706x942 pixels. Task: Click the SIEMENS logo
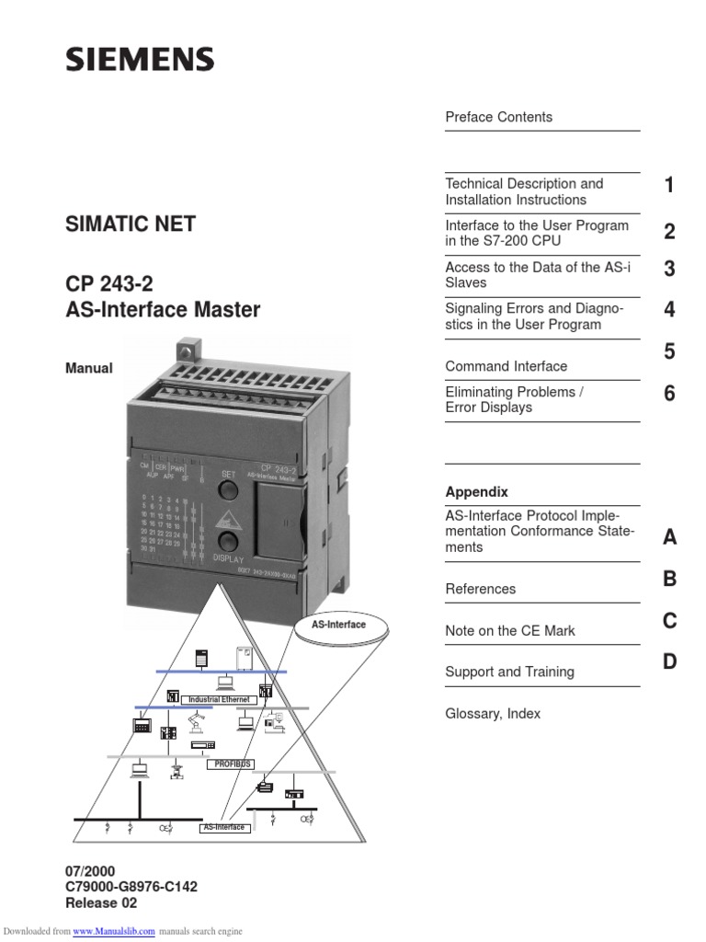pos(140,61)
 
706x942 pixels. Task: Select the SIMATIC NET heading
pos(130,224)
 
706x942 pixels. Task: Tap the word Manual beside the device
pos(89,368)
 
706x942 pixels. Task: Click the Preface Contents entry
pos(498,117)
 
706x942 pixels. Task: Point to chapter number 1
pos(669,186)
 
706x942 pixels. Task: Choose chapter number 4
pos(669,310)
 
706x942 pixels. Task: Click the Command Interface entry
pos(506,366)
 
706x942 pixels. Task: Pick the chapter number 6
pos(669,394)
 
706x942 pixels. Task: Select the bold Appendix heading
pos(476,492)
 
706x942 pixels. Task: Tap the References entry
pos(480,589)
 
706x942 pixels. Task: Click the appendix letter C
pos(669,621)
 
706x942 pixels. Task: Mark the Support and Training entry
pos(509,672)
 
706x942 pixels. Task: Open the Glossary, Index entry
pos(493,714)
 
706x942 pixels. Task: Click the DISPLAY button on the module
pos(229,542)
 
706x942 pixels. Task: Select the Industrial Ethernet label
pos(219,700)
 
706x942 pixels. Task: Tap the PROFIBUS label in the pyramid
pos(233,764)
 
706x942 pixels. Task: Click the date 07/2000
pos(90,870)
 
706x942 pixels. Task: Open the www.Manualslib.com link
pos(113,931)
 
